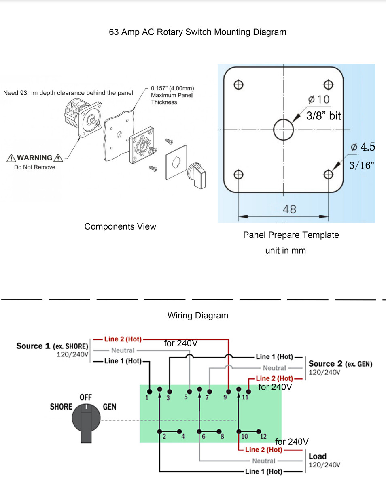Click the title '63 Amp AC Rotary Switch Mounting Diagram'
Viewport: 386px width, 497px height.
click(197, 32)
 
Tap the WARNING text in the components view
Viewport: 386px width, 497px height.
click(35, 158)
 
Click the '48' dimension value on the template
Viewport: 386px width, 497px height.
click(290, 209)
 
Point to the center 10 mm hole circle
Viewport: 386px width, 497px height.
click(283, 130)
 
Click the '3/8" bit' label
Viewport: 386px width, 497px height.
click(323, 116)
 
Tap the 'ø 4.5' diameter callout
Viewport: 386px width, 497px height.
click(363, 147)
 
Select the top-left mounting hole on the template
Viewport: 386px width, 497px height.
click(239, 85)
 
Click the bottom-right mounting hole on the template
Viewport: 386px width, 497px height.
click(328, 174)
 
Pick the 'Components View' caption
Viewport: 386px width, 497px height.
click(120, 226)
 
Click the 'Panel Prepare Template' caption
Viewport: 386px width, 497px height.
click(291, 235)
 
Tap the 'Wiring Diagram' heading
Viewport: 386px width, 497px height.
click(197, 315)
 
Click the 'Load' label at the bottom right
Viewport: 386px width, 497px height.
click(317, 456)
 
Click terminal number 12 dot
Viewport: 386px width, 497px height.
click(259, 431)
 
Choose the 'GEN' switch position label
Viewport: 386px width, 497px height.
click(109, 407)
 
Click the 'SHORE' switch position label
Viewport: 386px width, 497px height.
click(61, 407)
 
